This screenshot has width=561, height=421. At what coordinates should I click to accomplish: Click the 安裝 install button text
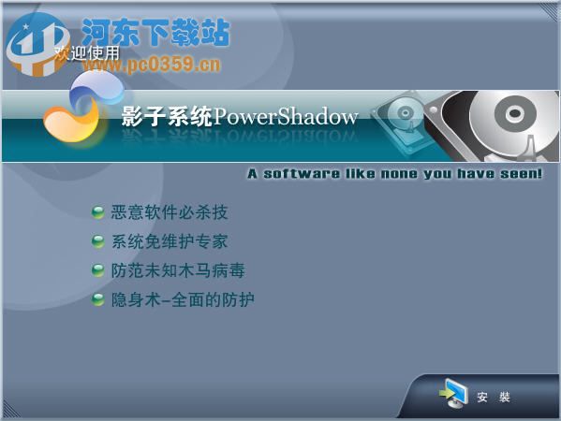[494, 398]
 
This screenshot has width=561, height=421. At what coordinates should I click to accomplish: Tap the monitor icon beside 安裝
[454, 395]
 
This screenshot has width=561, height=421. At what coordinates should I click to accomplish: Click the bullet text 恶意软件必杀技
[170, 212]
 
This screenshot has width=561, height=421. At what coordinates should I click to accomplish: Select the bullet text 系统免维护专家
[170, 241]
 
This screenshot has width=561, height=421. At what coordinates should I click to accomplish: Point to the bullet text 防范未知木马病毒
[178, 270]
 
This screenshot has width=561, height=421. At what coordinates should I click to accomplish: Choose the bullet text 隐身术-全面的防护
[183, 299]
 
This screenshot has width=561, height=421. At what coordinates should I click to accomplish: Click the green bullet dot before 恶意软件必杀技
[97, 212]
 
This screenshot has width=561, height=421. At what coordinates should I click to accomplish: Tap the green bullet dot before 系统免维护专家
[97, 241]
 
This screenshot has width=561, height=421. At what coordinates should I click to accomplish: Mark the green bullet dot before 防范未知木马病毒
[97, 270]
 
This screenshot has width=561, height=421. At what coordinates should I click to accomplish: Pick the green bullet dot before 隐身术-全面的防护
[97, 299]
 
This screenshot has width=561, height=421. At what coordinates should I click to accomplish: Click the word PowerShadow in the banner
[287, 117]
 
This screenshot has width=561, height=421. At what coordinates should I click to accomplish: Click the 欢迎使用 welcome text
[87, 53]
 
